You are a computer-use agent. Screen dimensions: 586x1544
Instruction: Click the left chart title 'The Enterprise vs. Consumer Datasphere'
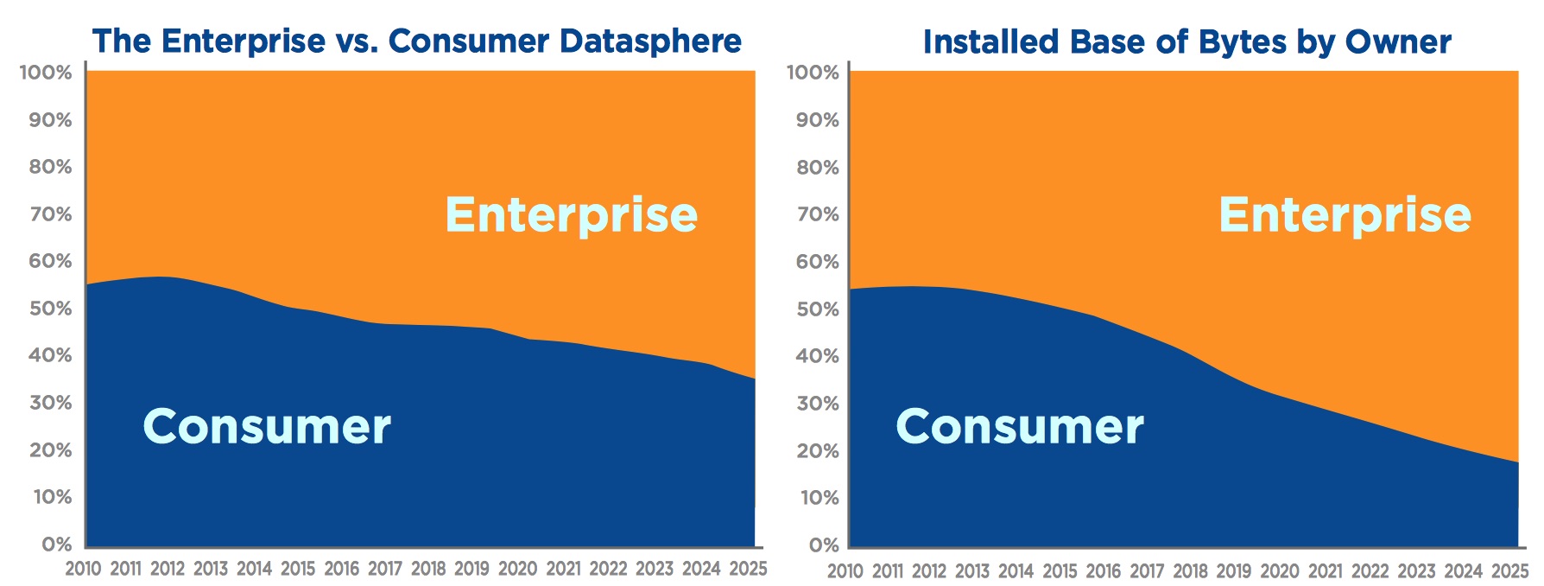(416, 41)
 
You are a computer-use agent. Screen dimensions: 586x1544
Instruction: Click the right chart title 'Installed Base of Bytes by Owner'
(1186, 41)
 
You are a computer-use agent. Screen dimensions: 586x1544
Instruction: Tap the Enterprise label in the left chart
(571, 215)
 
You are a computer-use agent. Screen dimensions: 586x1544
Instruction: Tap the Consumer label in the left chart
(266, 426)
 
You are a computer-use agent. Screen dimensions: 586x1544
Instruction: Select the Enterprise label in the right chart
(1345, 215)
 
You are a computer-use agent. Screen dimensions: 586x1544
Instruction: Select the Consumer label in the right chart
(1019, 426)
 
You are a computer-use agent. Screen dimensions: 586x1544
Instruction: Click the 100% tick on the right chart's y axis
(813, 73)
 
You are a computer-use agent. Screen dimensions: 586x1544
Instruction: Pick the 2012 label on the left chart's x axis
(168, 569)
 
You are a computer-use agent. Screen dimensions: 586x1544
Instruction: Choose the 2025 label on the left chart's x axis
(748, 569)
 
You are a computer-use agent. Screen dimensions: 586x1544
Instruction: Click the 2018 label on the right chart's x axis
(1190, 571)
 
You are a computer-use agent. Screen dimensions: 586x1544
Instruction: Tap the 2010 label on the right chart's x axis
(845, 571)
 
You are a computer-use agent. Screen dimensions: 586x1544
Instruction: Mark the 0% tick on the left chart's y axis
(57, 545)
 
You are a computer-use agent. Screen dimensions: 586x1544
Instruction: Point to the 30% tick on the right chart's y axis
(817, 404)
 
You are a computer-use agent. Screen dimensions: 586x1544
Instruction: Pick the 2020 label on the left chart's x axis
(517, 569)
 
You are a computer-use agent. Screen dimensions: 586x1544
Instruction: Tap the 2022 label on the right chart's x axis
(1370, 571)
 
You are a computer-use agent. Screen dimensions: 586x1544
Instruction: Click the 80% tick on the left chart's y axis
(50, 167)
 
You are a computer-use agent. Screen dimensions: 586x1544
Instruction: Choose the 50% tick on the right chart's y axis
(817, 309)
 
